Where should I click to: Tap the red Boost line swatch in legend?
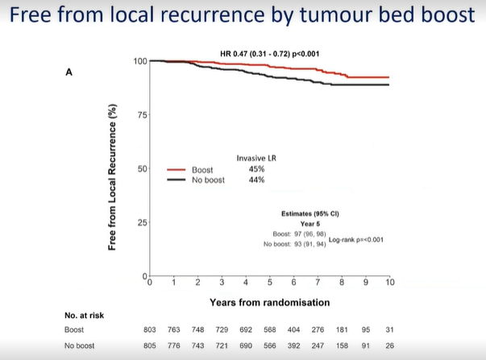(176, 170)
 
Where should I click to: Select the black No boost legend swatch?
(176, 180)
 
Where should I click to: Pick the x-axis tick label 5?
(269, 283)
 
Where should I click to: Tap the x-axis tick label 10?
(389, 283)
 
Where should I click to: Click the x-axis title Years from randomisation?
(269, 302)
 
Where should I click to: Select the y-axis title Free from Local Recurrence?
(113, 176)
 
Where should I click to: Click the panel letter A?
(69, 72)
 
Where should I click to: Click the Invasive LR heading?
(256, 159)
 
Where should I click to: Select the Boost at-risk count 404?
(294, 330)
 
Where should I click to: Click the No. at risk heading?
(85, 314)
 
